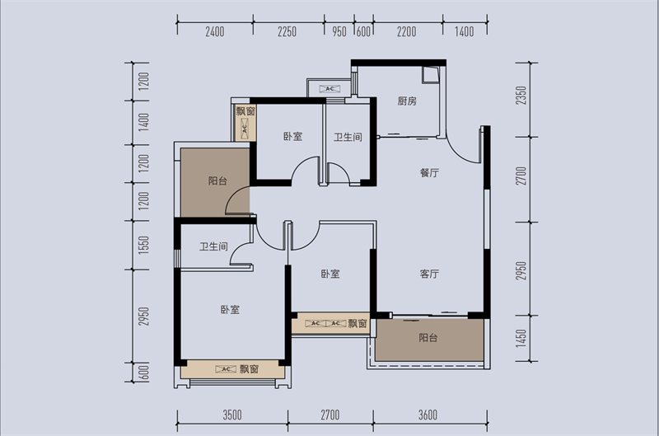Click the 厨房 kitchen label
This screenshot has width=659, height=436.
(407, 101)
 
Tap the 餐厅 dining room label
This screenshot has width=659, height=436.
(429, 173)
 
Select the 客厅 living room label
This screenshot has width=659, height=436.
(429, 274)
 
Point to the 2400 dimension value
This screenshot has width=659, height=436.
(215, 31)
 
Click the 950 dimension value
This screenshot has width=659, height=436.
(339, 31)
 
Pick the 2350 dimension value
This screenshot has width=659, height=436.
(521, 96)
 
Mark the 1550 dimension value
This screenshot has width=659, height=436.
(143, 244)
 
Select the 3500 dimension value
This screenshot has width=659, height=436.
(232, 415)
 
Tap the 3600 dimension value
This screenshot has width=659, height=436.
(428, 415)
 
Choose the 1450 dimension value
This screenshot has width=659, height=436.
(521, 338)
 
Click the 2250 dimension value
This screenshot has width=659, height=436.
(287, 31)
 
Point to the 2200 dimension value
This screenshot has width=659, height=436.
(406, 31)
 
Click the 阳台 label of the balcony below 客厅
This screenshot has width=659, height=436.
(428, 338)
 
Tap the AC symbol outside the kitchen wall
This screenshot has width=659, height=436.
(329, 89)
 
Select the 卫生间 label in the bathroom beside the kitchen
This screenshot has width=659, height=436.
(348, 137)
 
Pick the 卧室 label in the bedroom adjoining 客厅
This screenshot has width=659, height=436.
(330, 274)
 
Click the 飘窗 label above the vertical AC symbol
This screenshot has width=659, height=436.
(245, 111)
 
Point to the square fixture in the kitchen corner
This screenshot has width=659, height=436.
(430, 75)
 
